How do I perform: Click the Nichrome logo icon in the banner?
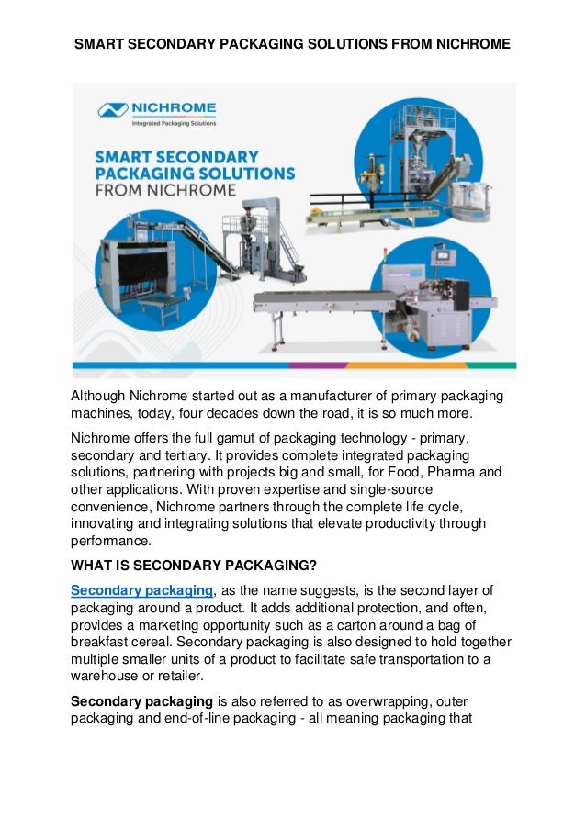click(x=113, y=110)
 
